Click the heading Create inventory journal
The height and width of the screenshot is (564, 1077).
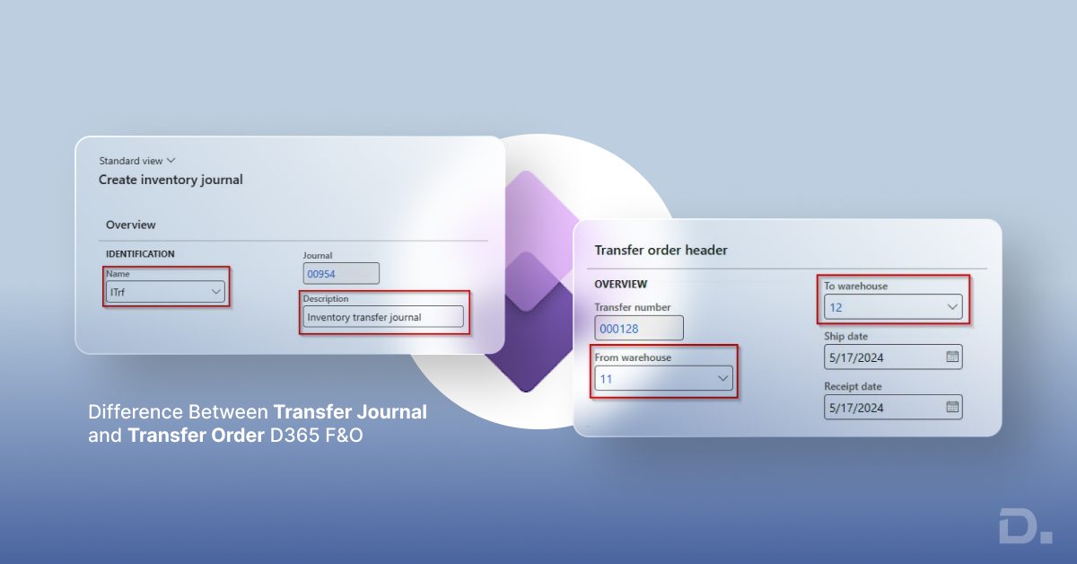pyautogui.click(x=171, y=180)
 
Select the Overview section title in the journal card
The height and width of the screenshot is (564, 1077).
pyautogui.click(x=130, y=225)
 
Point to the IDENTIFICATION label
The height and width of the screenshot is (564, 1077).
pyautogui.click(x=140, y=254)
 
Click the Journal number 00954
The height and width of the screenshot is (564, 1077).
pyautogui.click(x=341, y=274)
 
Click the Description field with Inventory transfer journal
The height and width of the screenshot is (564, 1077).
pyautogui.click(x=383, y=317)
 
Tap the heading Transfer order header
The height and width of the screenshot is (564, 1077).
pyautogui.click(x=661, y=251)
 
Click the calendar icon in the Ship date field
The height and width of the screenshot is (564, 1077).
pyautogui.click(x=952, y=357)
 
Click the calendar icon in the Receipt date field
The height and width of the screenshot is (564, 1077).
pyautogui.click(x=952, y=407)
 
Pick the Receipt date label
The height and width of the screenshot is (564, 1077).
pyautogui.click(x=853, y=386)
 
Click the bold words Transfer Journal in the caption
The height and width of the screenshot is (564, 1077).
pyautogui.click(x=350, y=412)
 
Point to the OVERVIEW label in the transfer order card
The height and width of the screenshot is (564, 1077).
pyautogui.click(x=620, y=284)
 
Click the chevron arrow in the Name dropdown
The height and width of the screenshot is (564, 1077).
pyautogui.click(x=215, y=292)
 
